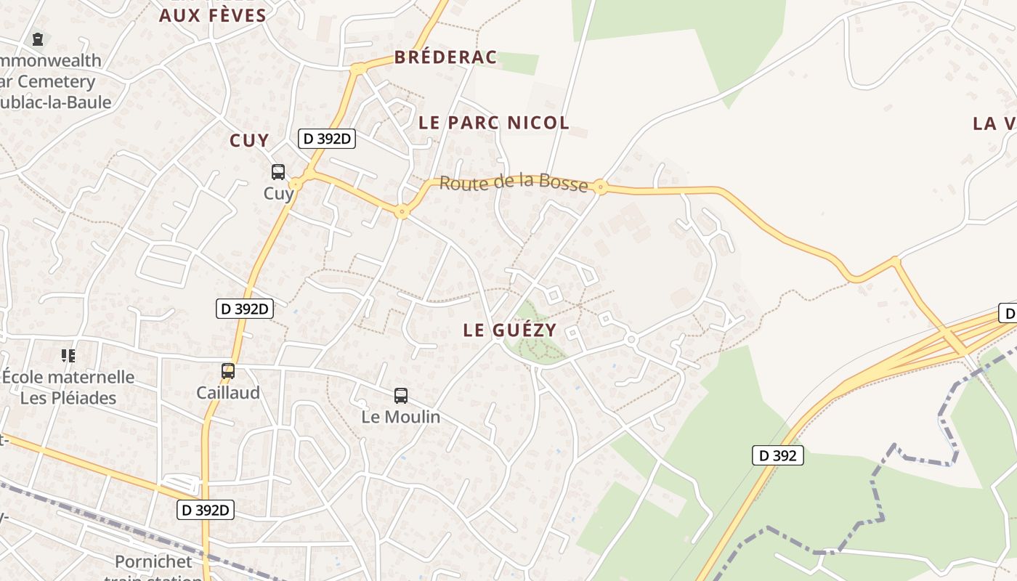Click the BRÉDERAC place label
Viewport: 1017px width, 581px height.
pyautogui.click(x=445, y=57)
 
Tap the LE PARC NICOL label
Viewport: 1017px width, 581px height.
pyautogui.click(x=494, y=123)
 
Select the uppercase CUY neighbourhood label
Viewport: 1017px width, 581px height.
pyautogui.click(x=249, y=141)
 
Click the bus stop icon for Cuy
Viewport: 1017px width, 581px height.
pyautogui.click(x=278, y=172)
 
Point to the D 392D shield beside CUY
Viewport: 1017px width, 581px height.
pyautogui.click(x=327, y=139)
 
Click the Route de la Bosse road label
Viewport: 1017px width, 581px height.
pyautogui.click(x=514, y=182)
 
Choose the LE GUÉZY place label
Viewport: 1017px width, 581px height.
pyautogui.click(x=510, y=330)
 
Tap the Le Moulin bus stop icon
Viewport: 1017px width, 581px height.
pyautogui.click(x=400, y=396)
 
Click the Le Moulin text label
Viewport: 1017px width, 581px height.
pyautogui.click(x=401, y=417)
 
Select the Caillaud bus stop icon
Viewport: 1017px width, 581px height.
pyautogui.click(x=228, y=370)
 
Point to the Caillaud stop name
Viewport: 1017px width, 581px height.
pyautogui.click(x=228, y=392)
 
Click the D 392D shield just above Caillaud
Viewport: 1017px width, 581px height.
pyautogui.click(x=245, y=309)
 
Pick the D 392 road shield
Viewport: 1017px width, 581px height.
pyautogui.click(x=777, y=456)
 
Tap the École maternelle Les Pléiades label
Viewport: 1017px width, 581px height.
pyautogui.click(x=68, y=387)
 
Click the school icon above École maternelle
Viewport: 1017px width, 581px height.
pyautogui.click(x=68, y=356)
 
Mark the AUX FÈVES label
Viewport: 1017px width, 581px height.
pyautogui.click(x=212, y=15)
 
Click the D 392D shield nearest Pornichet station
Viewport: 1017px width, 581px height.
pyautogui.click(x=206, y=511)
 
